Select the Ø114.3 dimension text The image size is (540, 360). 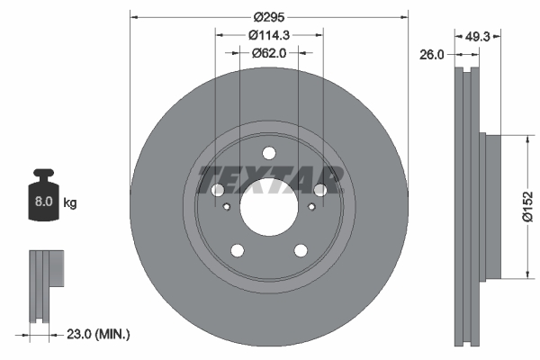[269, 35]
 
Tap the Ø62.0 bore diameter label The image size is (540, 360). [269, 53]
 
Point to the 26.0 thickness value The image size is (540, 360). [433, 55]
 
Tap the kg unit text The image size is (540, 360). [70, 203]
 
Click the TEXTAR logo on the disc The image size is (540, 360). [269, 180]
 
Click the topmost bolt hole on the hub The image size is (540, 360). [269, 153]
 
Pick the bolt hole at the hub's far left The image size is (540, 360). [218, 190]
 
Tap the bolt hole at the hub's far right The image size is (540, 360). [320, 190]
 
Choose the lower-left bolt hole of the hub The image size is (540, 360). [238, 250]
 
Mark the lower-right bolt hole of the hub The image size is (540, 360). [301, 250]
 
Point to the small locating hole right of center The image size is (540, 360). [311, 207]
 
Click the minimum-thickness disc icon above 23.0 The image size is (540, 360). [45, 283]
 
